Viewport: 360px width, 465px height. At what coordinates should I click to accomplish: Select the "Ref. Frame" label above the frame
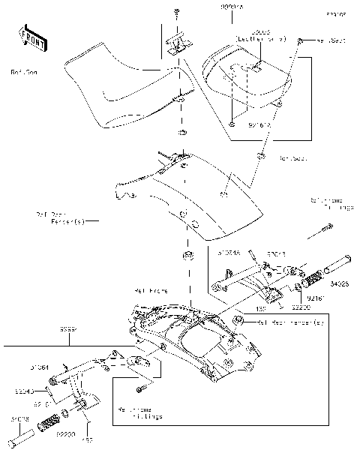(x=151, y=290)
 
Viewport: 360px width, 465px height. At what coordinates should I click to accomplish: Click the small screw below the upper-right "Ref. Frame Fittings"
(x=307, y=236)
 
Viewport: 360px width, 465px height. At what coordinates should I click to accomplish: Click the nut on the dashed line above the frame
(x=187, y=257)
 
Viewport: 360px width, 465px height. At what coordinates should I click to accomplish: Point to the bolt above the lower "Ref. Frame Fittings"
(x=139, y=389)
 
